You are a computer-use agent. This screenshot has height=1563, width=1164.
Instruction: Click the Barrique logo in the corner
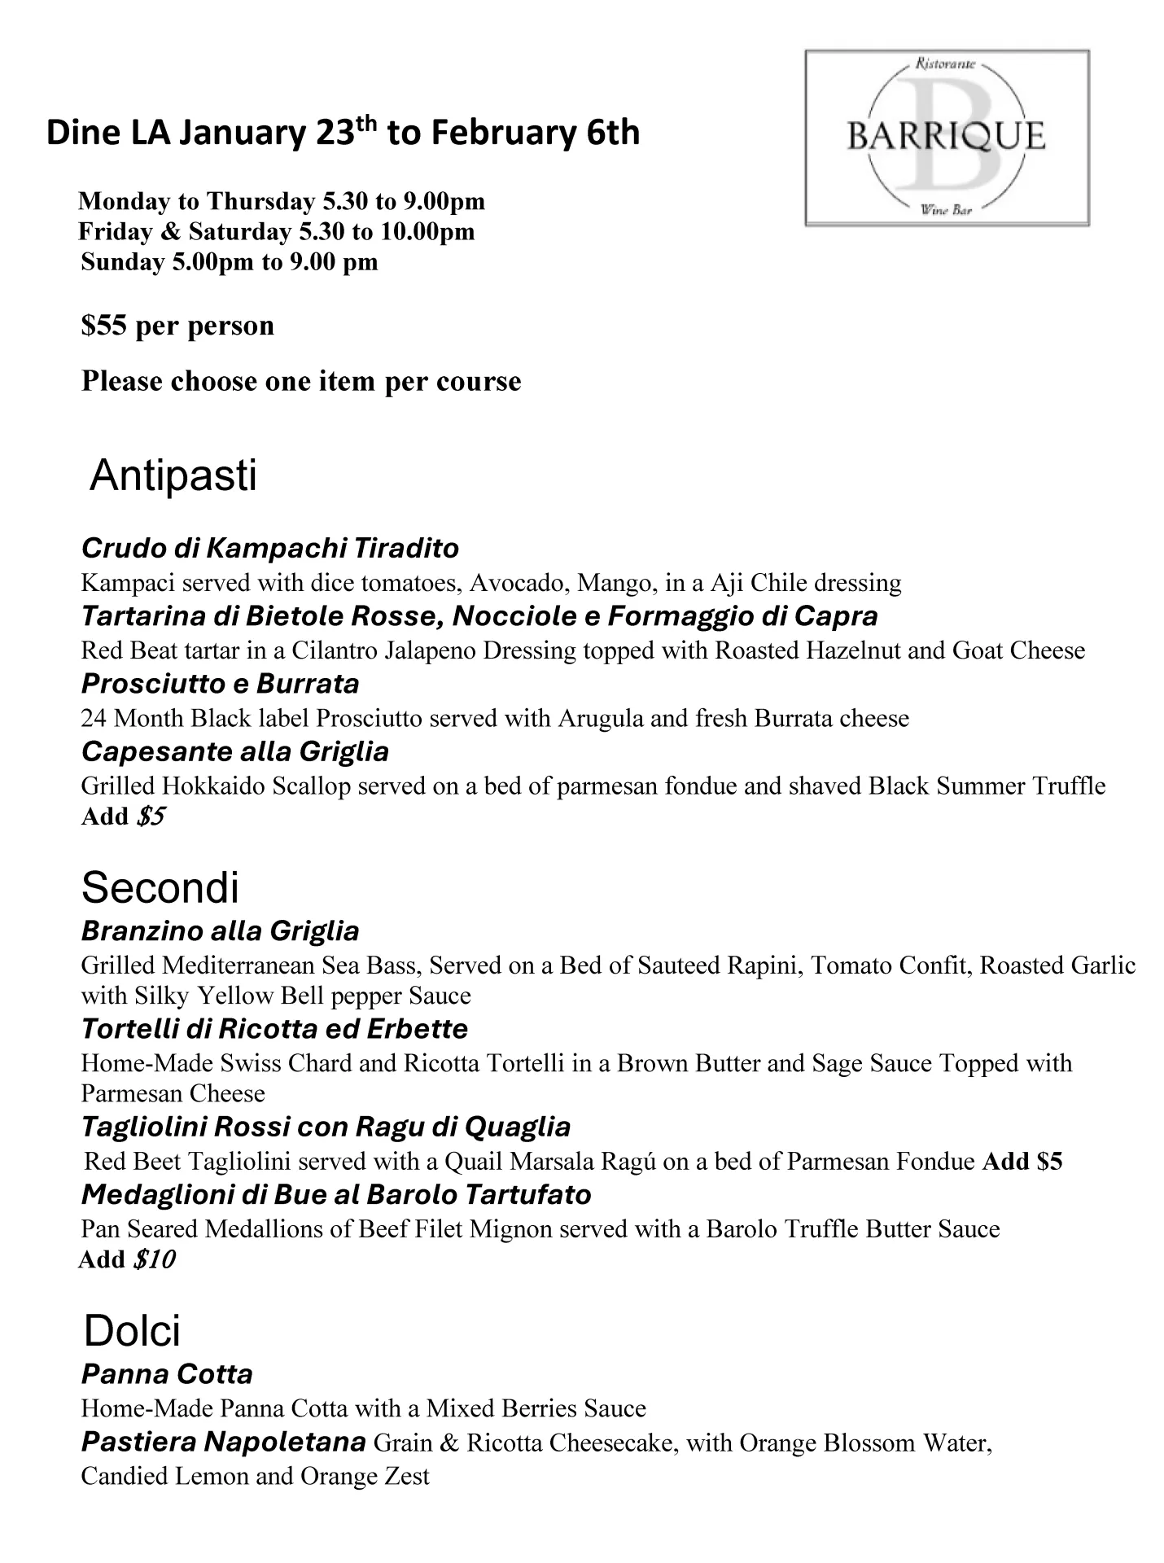coord(947,138)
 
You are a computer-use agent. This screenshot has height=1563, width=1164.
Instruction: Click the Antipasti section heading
coord(173,475)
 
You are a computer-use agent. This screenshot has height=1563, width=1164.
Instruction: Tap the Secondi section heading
coord(160,887)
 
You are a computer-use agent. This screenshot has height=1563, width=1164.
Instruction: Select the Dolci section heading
coord(132,1331)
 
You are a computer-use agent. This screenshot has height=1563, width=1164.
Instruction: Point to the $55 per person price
coord(177,326)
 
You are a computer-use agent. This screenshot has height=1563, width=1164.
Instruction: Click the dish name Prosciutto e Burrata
coord(220,683)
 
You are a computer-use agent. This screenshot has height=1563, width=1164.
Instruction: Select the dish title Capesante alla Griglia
coord(234,751)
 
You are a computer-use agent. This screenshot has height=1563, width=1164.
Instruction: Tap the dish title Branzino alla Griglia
coord(220,930)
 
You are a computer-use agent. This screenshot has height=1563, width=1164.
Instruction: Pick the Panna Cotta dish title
coord(167,1374)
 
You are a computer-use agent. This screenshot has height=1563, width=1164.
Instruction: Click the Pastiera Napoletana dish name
coord(223,1442)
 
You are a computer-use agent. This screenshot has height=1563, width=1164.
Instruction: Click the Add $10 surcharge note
coord(126,1259)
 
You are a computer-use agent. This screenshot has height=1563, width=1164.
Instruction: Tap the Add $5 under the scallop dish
coord(123,817)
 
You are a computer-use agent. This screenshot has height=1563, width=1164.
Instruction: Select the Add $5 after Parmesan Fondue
coord(1022,1161)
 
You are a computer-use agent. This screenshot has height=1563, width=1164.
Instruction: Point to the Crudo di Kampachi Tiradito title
coord(269,548)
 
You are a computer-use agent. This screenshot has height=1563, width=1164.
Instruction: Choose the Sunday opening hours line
coord(229,262)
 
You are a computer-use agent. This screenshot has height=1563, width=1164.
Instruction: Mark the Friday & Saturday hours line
coord(276,232)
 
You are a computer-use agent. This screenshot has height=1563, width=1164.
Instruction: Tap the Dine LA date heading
coord(343,133)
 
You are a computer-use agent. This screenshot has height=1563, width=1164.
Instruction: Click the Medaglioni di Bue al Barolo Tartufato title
coord(336,1194)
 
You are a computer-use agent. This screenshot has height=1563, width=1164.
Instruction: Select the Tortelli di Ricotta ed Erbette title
coord(274,1029)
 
